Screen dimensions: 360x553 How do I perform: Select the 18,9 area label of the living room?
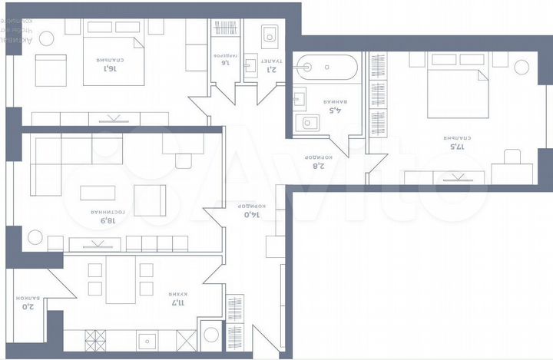(x=108, y=220)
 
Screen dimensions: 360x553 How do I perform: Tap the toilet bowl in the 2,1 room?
(x=269, y=34)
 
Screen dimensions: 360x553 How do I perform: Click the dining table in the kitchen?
(x=121, y=279)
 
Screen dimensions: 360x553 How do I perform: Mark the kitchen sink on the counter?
(x=147, y=339)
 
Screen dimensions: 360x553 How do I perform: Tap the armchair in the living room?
(x=150, y=200)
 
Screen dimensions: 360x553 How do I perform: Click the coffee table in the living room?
(x=98, y=193)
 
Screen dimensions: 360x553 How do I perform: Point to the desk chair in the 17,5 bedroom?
(x=512, y=158)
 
